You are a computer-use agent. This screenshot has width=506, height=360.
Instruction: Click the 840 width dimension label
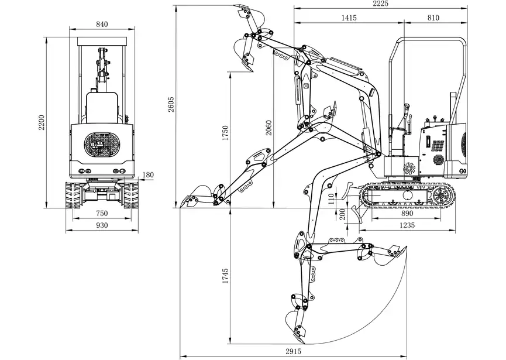(102, 24)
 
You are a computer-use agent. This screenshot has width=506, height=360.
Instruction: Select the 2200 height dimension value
(42, 122)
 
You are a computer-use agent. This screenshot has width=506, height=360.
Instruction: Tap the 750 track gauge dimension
(102, 214)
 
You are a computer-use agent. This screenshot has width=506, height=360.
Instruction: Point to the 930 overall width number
(102, 225)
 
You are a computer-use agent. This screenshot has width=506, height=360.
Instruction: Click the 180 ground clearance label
(148, 175)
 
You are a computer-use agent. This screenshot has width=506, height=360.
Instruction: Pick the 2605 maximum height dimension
(171, 104)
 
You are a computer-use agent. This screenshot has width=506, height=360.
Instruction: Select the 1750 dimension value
(225, 133)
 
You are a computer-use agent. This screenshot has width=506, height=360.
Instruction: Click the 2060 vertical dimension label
(269, 128)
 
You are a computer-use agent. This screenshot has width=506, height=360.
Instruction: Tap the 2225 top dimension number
(381, 4)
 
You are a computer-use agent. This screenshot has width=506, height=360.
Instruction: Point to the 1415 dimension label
(349, 18)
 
